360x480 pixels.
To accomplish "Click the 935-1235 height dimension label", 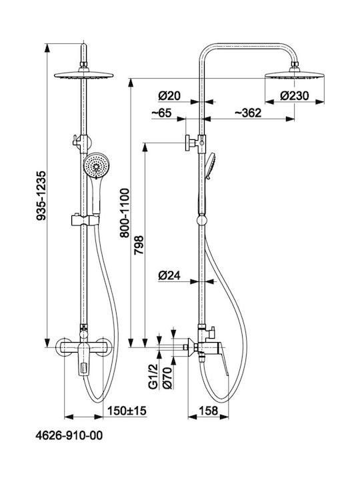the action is (41, 195).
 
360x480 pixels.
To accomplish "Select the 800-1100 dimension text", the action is (125, 213).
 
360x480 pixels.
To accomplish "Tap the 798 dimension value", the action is (139, 245).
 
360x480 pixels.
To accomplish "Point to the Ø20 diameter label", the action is (169, 96).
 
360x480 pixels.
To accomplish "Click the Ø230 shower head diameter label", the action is (295, 96).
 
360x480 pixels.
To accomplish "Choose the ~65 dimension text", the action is (161, 113).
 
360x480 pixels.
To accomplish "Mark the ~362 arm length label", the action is (248, 113).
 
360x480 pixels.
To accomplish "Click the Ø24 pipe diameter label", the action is (169, 276).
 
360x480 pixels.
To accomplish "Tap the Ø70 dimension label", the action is (167, 378).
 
